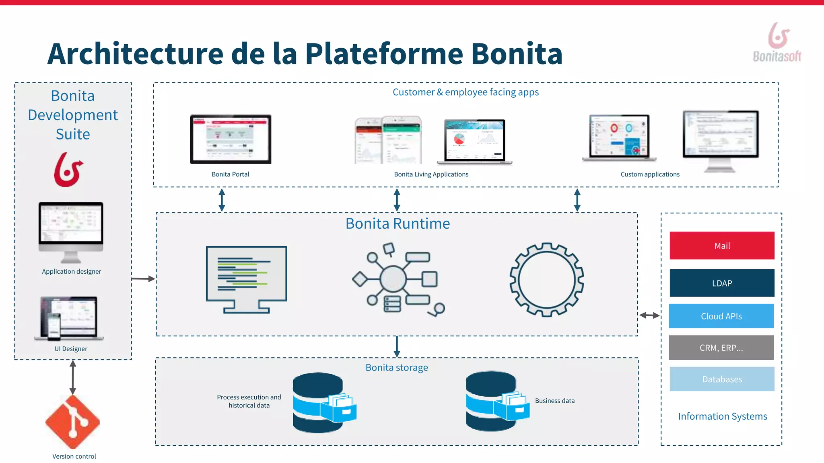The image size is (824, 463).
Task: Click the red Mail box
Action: (x=722, y=246)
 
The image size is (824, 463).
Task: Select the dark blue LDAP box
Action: (x=722, y=283)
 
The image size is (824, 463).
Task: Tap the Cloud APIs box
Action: (x=721, y=316)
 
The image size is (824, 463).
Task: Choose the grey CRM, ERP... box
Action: (x=721, y=348)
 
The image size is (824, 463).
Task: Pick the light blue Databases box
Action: (x=722, y=379)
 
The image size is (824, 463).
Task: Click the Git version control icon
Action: (x=73, y=422)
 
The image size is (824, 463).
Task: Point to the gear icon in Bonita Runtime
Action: (x=547, y=280)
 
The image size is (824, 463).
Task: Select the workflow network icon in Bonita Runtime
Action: (x=396, y=279)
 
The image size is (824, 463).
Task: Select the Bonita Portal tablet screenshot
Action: (x=231, y=139)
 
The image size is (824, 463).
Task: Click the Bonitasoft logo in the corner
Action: (x=777, y=43)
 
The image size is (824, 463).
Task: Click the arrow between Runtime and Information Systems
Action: (x=649, y=315)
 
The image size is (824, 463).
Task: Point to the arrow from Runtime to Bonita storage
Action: (x=397, y=346)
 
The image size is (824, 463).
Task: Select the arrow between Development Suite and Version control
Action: (x=73, y=377)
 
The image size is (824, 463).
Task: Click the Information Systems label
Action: (x=722, y=416)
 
